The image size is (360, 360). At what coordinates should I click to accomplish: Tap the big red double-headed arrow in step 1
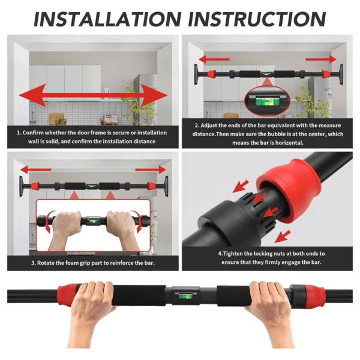tap(93, 95)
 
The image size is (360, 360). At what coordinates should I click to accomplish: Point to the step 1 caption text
tap(92, 137)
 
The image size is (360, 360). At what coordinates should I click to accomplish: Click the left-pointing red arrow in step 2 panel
tap(214, 59)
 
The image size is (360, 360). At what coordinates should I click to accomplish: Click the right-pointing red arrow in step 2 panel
tap(320, 59)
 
